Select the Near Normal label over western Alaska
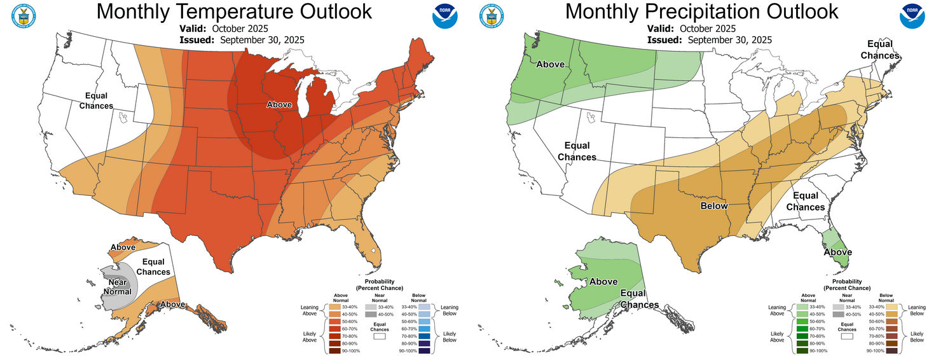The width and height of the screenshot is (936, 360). click(118, 287)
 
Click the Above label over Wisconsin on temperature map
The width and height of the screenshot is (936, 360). click(279, 105)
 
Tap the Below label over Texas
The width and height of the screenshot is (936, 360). click(714, 206)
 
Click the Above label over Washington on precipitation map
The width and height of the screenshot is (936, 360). click(551, 64)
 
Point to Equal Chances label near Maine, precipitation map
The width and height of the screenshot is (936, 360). click(880, 50)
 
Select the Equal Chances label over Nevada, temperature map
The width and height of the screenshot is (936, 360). click(96, 100)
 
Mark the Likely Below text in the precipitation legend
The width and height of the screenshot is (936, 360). click(917, 336)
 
